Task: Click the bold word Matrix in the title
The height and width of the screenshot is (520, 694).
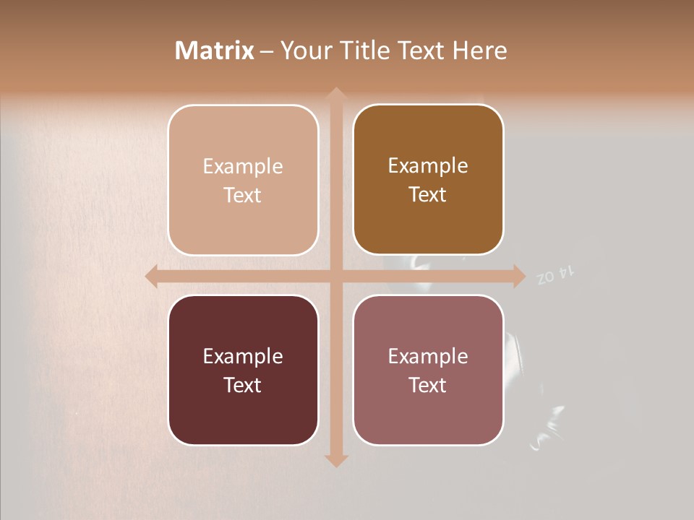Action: (215, 51)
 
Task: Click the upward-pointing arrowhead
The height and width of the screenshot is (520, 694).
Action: (335, 95)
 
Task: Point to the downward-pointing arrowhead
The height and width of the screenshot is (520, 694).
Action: (335, 460)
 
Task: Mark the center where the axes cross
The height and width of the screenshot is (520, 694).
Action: (335, 275)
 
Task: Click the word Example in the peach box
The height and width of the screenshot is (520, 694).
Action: (243, 167)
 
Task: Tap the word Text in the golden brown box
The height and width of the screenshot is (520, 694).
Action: (428, 195)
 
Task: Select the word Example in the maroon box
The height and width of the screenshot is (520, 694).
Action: (243, 356)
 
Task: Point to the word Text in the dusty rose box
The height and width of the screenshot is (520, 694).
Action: (428, 385)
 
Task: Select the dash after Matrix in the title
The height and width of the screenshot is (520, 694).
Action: (267, 51)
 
